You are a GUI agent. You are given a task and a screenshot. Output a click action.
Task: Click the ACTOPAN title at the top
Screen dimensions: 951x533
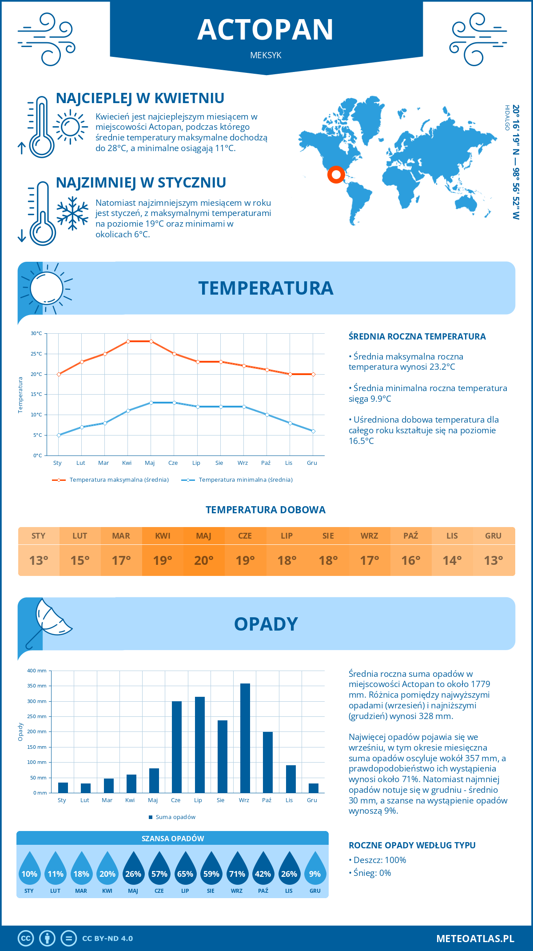click(x=265, y=30)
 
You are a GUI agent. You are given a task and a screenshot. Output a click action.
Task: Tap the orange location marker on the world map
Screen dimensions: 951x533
click(x=336, y=174)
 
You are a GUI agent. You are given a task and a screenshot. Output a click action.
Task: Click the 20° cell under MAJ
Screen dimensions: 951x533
click(x=204, y=560)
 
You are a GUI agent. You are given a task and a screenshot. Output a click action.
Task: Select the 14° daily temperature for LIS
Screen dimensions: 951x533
click(x=452, y=560)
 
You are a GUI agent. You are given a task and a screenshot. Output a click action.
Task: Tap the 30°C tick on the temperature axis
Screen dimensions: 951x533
click(x=36, y=333)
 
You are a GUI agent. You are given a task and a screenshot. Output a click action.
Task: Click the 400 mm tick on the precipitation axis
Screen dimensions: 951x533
click(x=37, y=671)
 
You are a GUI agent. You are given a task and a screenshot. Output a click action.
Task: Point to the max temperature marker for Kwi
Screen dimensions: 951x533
click(x=128, y=341)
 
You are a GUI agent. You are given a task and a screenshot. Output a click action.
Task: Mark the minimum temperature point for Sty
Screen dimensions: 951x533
click(x=59, y=435)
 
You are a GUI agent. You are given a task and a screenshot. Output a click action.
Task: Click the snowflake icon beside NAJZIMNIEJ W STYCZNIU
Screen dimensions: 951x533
click(x=72, y=213)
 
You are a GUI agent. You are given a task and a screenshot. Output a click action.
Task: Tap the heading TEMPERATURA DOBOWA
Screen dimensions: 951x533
click(x=266, y=510)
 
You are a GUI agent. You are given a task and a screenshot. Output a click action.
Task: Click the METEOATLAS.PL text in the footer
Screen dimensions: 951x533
click(x=475, y=938)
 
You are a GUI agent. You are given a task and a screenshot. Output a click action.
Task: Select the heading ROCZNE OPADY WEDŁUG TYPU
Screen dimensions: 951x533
click(x=412, y=845)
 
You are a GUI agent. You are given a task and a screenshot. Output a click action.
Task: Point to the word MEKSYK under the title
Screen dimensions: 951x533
click(x=266, y=55)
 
